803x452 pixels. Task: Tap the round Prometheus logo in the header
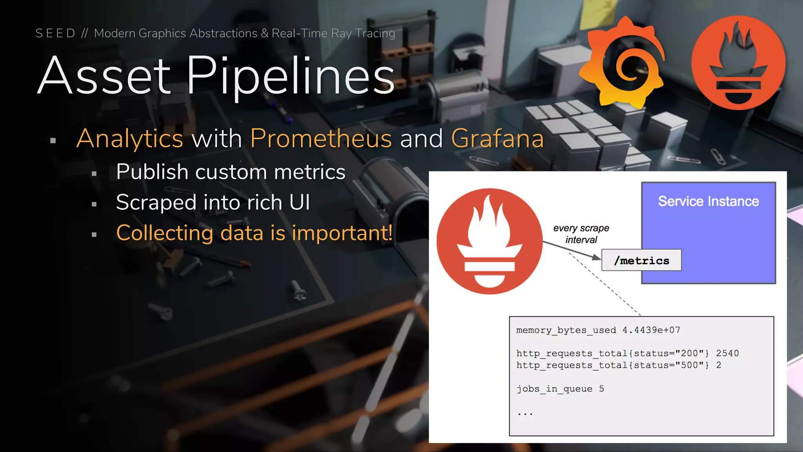tap(739, 63)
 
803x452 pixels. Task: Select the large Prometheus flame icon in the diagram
tap(490, 241)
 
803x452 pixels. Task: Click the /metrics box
tap(641, 260)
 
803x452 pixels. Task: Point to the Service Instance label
tap(709, 201)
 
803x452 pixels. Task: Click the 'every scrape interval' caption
tap(581, 234)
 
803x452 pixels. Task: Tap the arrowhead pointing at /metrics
tap(596, 257)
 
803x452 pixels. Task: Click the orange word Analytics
tap(130, 139)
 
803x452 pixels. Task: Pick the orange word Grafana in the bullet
tap(498, 139)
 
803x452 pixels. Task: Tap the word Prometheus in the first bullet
tap(321, 139)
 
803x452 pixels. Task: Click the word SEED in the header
tap(55, 33)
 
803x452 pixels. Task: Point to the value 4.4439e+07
tap(651, 330)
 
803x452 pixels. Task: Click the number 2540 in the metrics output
tap(727, 353)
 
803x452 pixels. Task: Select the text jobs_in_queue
tap(554, 389)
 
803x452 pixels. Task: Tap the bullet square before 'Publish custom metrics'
tap(94, 173)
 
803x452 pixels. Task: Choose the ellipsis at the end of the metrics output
tap(525, 414)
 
